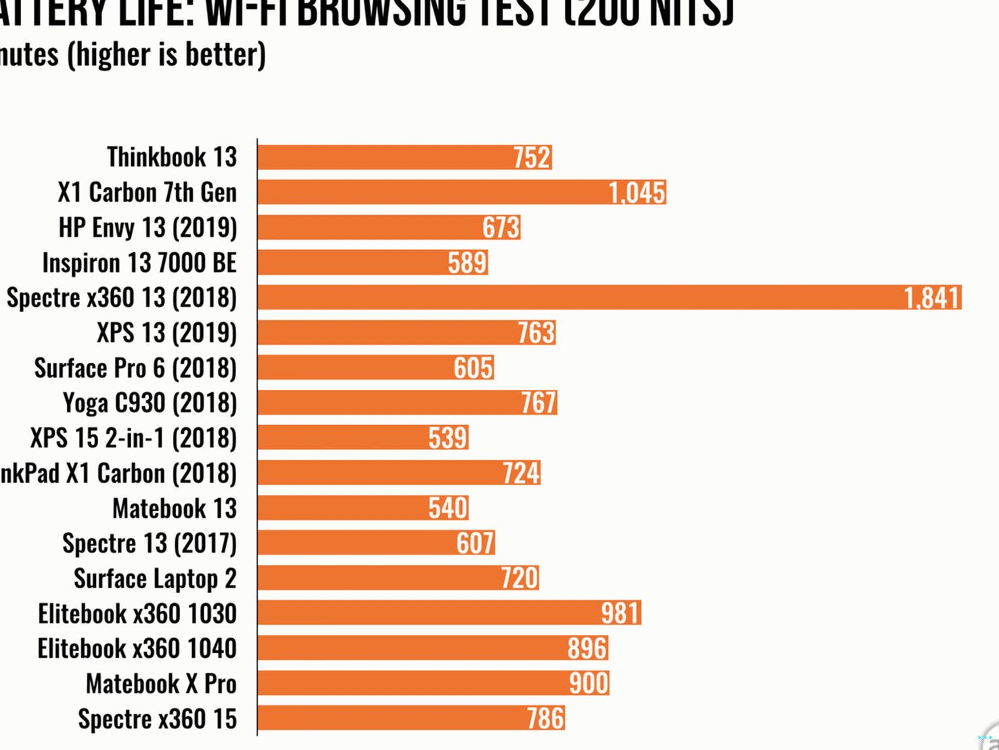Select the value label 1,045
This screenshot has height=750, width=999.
click(636, 193)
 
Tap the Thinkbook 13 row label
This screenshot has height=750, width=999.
click(172, 157)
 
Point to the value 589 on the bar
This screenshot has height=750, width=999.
click(467, 263)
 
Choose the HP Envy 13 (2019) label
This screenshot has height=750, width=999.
click(147, 227)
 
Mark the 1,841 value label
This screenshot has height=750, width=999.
click(932, 298)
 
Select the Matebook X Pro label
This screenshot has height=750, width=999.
click(161, 684)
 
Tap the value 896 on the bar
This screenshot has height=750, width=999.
click(587, 648)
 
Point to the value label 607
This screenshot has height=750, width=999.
click(475, 543)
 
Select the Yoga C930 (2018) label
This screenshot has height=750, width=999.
click(149, 403)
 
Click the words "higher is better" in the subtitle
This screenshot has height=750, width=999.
click(166, 55)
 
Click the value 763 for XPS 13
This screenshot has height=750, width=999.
click(536, 333)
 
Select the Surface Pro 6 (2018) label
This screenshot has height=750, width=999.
click(135, 368)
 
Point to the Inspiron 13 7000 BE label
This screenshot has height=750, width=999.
click(139, 263)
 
